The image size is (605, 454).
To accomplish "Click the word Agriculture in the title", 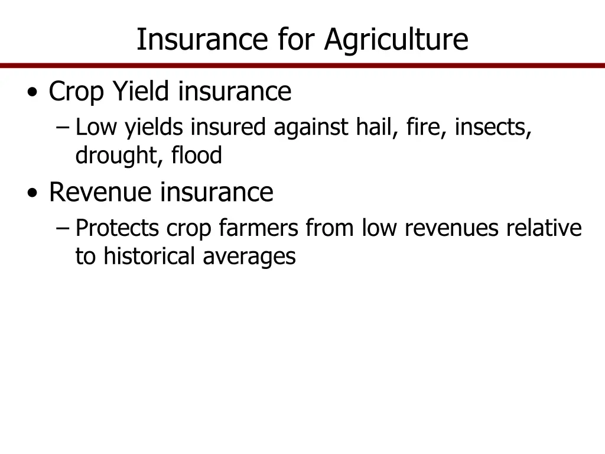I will [396, 40].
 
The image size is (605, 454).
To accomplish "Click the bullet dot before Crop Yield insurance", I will [33, 93].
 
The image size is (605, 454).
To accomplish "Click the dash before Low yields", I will [64, 127].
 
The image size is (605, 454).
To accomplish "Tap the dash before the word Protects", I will [64, 228].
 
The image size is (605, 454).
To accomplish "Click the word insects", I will [493, 127].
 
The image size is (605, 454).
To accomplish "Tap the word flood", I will [197, 156].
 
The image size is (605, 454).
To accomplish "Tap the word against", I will [312, 127].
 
